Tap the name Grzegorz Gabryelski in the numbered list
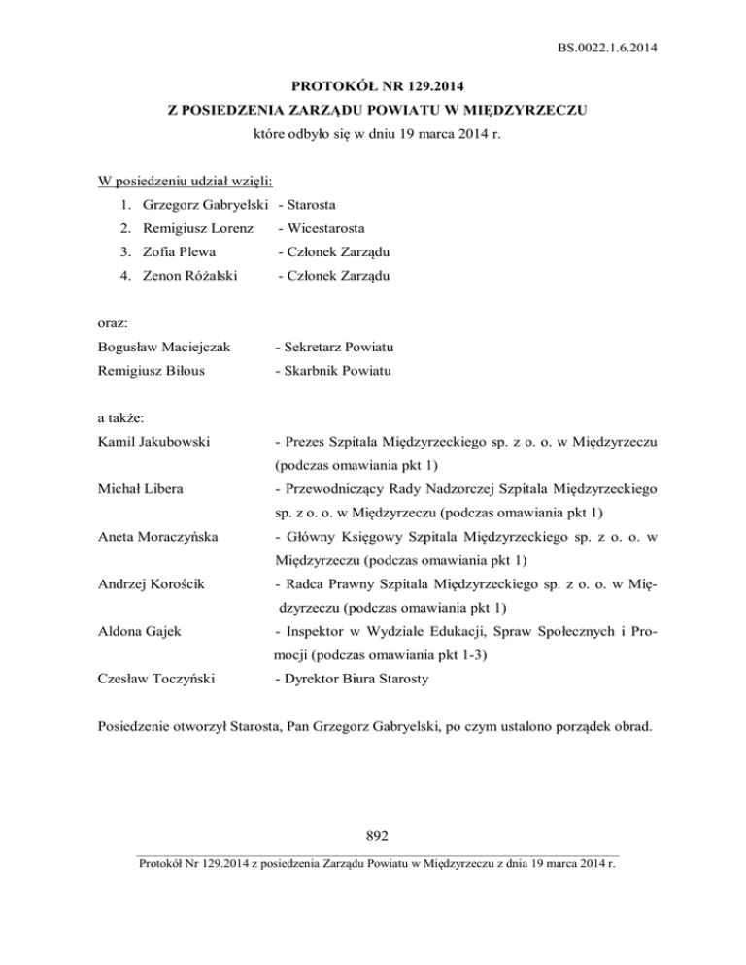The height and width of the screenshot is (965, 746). coord(205,205)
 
